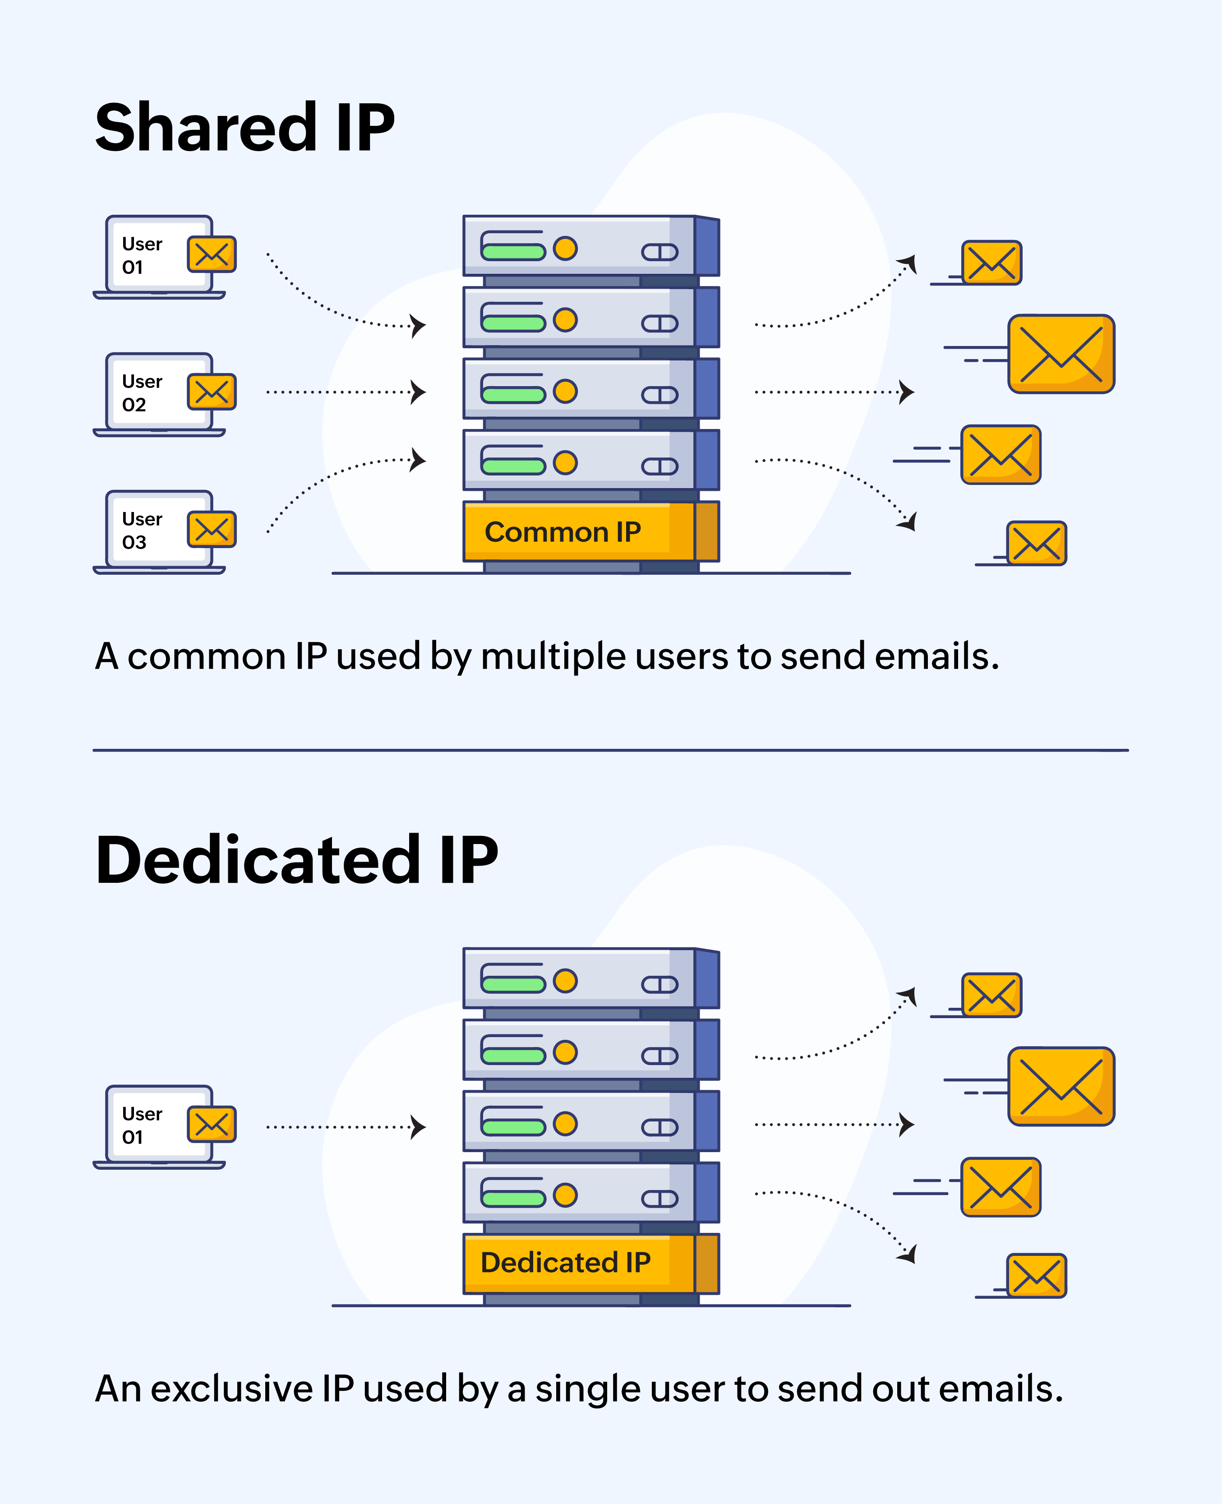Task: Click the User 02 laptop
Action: pyautogui.click(x=159, y=394)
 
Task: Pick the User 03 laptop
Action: pyautogui.click(x=159, y=531)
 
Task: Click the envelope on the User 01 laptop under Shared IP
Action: pyautogui.click(x=211, y=254)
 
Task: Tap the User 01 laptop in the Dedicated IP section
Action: pyautogui.click(x=159, y=1126)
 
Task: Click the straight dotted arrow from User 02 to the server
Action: pyautogui.click(x=345, y=392)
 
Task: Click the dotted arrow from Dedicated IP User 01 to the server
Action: pyautogui.click(x=345, y=1127)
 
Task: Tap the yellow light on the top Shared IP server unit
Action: pyautogui.click(x=565, y=249)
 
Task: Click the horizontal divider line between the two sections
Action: pyautogui.click(x=610, y=750)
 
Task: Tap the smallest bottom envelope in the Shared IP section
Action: pyautogui.click(x=1036, y=543)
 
